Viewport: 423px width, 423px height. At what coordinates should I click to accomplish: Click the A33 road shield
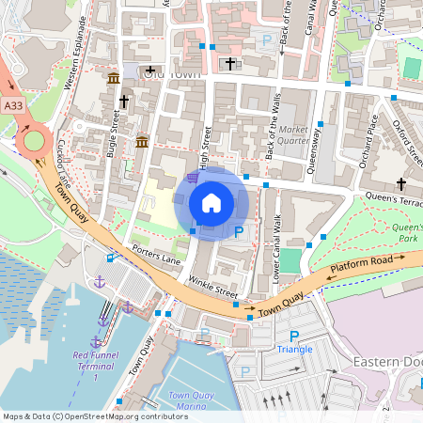(x=13, y=107)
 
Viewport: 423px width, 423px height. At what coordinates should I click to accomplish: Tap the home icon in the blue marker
(x=211, y=202)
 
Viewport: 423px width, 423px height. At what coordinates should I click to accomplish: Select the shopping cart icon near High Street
(x=193, y=177)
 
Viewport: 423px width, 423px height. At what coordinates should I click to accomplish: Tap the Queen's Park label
(x=406, y=232)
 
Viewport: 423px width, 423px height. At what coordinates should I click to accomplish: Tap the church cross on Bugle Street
(x=123, y=101)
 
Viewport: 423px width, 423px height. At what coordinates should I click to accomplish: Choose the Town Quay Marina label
(x=184, y=401)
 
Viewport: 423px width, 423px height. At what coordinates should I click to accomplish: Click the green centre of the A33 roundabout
(x=33, y=141)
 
